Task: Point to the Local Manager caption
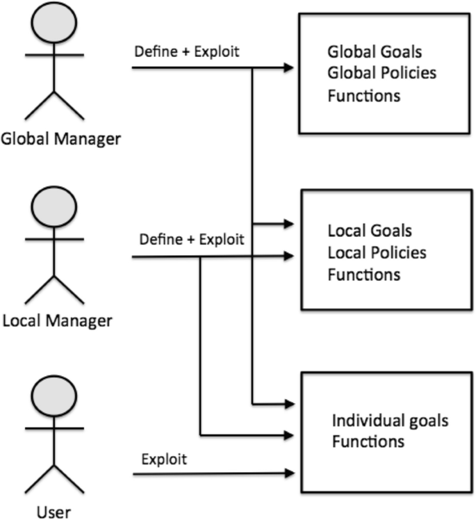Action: click(x=57, y=320)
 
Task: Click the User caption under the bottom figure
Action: click(x=53, y=512)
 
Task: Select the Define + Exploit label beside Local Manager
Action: click(x=192, y=241)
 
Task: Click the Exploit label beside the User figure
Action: click(x=163, y=460)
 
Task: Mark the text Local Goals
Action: click(x=370, y=231)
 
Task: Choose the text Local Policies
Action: click(x=377, y=252)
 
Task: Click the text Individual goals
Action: click(x=390, y=421)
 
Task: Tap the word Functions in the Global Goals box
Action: click(x=363, y=96)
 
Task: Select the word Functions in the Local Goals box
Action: click(x=363, y=275)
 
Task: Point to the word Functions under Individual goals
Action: click(x=368, y=441)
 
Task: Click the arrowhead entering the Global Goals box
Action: click(x=288, y=68)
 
